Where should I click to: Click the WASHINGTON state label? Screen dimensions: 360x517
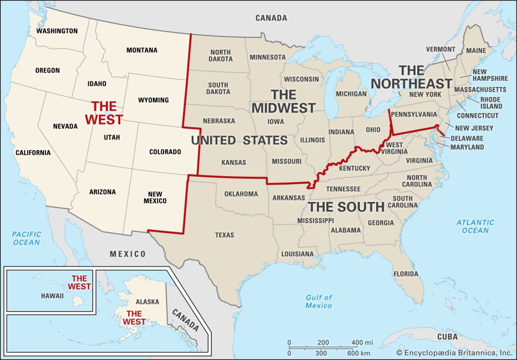(57, 31)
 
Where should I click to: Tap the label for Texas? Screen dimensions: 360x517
(224, 235)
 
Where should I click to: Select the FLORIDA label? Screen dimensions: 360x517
(406, 274)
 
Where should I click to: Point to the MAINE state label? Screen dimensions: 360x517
(476, 50)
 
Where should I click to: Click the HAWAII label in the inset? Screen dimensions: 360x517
(53, 296)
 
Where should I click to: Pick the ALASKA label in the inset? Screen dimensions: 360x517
(147, 301)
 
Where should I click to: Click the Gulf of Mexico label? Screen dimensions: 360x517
(319, 301)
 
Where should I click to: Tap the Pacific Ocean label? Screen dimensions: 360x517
(26, 238)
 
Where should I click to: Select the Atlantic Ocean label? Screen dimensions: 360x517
(475, 226)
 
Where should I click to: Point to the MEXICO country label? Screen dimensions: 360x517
(128, 254)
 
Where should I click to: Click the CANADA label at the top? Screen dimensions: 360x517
(271, 18)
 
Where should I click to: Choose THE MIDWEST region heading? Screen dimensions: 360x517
(283, 101)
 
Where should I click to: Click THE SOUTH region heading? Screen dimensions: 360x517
(346, 207)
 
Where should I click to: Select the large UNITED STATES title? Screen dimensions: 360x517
(239, 140)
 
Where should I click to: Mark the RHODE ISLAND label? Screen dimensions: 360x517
(491, 103)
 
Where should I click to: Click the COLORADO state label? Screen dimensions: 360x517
(165, 151)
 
